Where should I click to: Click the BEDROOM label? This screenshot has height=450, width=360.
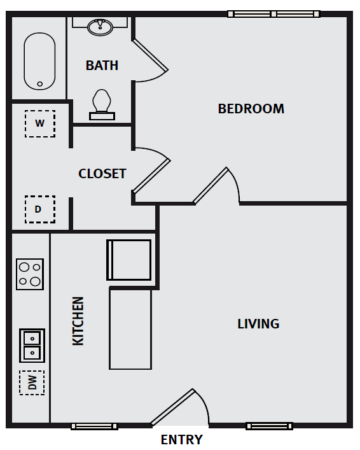251,109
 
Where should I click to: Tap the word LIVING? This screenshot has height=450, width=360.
258,324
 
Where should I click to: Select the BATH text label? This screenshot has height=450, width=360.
102,66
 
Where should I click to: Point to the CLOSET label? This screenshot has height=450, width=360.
102,174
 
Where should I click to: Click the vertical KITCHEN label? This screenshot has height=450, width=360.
78,321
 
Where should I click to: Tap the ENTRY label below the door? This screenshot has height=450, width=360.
181,440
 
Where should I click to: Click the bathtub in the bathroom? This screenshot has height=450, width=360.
39,61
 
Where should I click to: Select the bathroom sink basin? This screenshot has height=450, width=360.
100,26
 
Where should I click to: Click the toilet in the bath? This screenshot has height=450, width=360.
102,104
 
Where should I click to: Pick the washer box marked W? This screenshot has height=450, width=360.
40,123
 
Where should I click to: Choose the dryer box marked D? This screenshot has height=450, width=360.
40,209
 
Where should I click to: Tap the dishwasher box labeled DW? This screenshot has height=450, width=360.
32,383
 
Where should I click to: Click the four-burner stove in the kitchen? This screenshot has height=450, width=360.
30,274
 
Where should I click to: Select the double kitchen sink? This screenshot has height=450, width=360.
32,346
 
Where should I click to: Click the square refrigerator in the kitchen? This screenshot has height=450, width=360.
128,260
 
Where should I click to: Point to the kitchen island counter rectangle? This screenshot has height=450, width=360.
130,329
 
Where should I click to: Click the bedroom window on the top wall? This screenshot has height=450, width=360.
273,14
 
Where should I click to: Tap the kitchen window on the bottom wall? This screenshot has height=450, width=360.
94,426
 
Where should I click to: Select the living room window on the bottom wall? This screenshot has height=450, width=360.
269,426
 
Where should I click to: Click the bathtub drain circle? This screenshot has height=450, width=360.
40,84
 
